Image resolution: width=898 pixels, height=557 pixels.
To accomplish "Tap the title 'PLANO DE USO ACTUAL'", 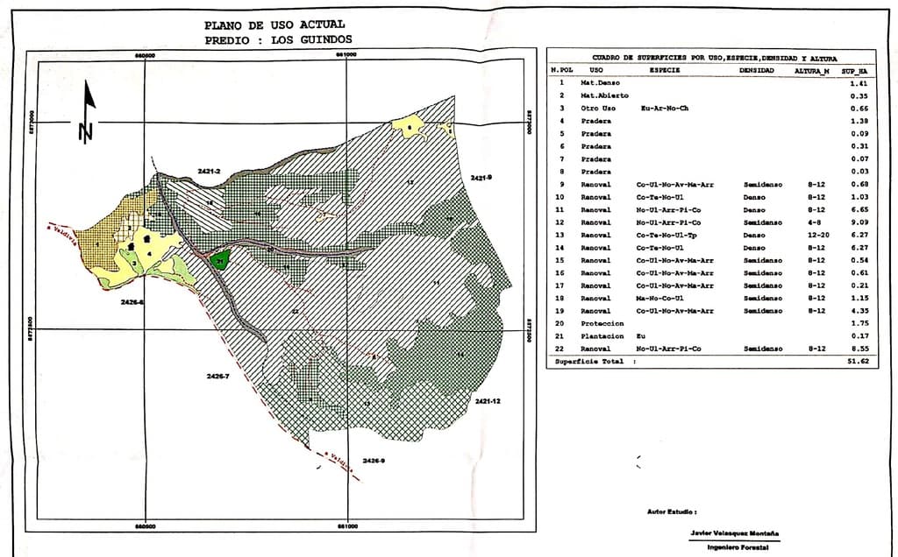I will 274,25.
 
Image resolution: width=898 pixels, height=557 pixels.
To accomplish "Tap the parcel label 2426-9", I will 374,461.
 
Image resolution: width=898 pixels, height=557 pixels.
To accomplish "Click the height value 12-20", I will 816,235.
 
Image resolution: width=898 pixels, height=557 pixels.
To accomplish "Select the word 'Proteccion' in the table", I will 602,323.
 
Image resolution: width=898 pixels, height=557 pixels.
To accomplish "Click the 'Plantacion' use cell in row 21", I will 602,336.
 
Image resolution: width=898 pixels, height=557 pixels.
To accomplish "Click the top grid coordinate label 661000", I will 347,54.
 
